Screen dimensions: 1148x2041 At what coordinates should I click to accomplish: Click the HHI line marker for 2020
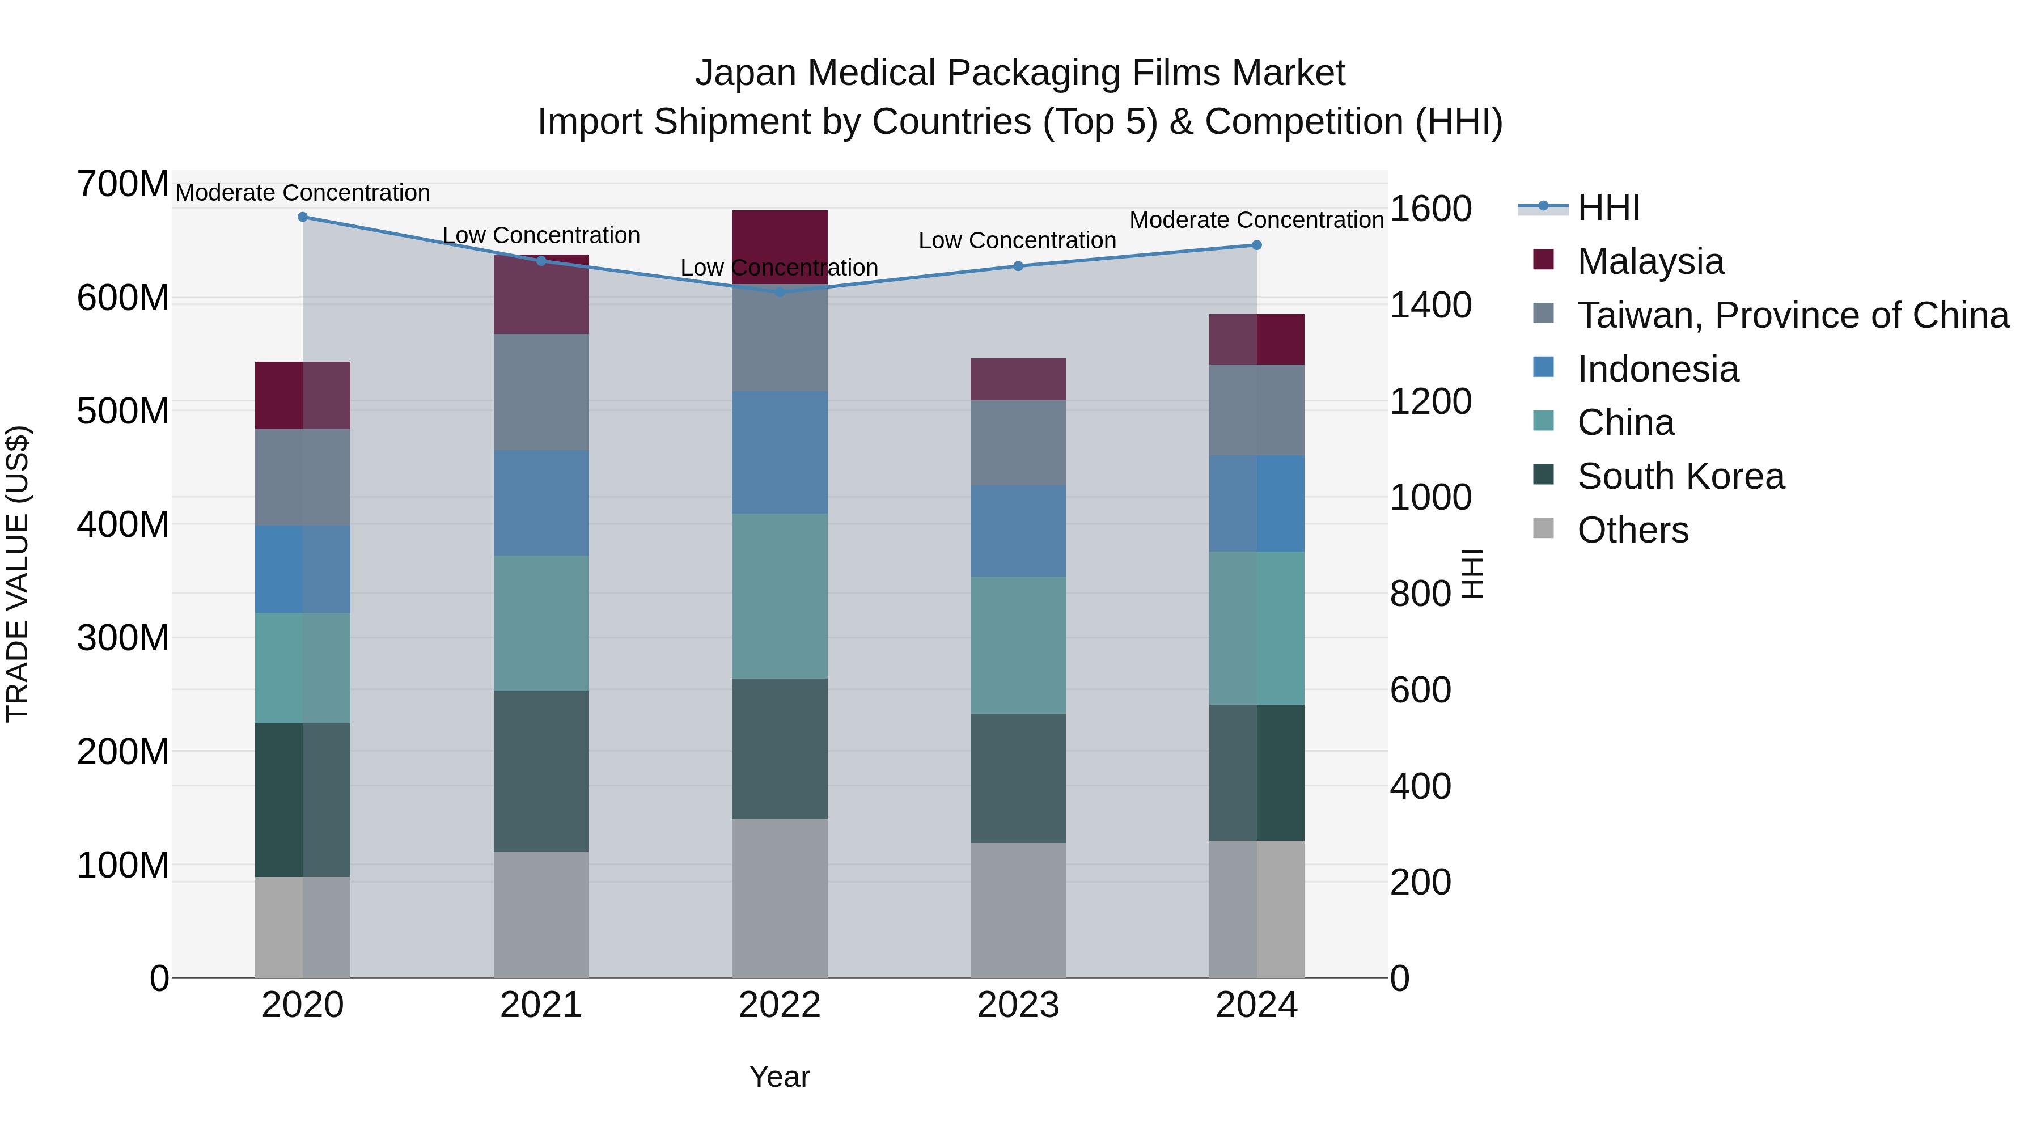(x=303, y=217)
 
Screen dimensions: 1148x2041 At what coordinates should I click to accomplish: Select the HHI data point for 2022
(x=780, y=293)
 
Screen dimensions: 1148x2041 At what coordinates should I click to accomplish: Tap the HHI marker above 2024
(x=1256, y=245)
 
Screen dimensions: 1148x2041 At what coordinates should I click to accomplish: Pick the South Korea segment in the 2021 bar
(x=541, y=771)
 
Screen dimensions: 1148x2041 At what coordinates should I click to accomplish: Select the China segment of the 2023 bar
(x=1018, y=645)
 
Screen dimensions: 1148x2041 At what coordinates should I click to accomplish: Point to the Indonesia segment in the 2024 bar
(x=1256, y=503)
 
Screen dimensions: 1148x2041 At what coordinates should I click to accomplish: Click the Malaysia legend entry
(x=1650, y=261)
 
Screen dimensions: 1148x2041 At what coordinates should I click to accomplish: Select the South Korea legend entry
(x=1680, y=476)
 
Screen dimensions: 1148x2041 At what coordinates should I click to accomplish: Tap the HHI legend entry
(x=1608, y=207)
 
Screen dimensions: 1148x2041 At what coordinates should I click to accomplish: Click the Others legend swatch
(x=1543, y=528)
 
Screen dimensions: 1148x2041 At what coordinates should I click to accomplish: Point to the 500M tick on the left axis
(x=123, y=411)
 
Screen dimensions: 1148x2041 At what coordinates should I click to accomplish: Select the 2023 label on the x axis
(x=1018, y=1005)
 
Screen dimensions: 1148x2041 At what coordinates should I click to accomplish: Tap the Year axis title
(x=780, y=1077)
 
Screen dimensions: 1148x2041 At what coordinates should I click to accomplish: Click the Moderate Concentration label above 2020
(x=303, y=193)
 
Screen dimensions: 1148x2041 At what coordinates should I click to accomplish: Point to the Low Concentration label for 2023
(x=1017, y=240)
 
